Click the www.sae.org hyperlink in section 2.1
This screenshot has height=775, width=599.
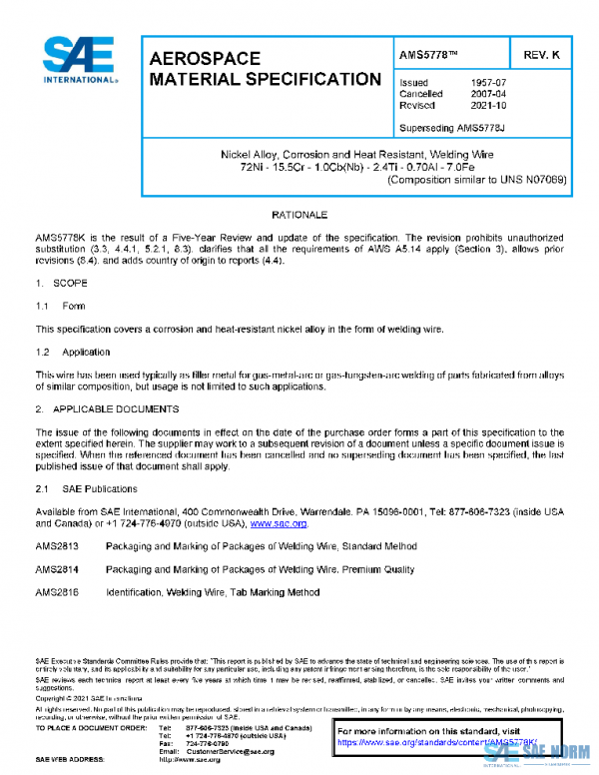[x=279, y=523]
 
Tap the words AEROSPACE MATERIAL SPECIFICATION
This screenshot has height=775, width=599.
[x=264, y=70]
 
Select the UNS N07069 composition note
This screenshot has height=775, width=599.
[x=477, y=180]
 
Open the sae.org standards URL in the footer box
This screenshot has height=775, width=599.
[x=437, y=743]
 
